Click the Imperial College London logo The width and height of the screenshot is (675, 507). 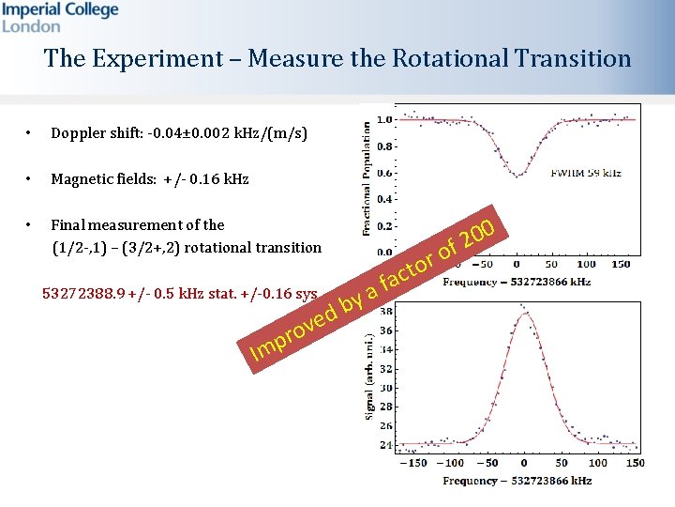pos(60,17)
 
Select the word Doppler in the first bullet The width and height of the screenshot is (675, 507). pos(79,133)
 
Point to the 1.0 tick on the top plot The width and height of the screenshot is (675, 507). pos(383,120)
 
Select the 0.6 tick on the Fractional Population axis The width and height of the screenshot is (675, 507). pos(383,173)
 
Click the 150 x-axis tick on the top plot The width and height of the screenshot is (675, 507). pos(620,265)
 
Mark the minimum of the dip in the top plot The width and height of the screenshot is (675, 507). pos(517,174)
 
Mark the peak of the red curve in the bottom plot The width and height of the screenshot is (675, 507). pos(523,314)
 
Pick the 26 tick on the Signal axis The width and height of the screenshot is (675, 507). pos(386,424)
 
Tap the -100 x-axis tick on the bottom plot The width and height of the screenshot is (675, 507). pos(453,462)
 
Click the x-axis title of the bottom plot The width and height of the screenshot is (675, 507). pos(517,481)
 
